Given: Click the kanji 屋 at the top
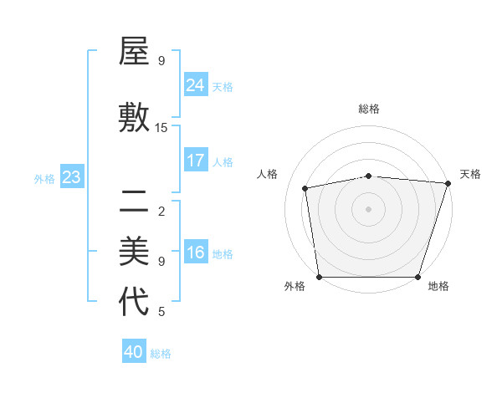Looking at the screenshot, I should [x=134, y=54].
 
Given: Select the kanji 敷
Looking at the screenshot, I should [x=134, y=118].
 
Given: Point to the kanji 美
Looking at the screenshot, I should [x=134, y=251].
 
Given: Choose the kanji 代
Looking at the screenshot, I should [x=134, y=302].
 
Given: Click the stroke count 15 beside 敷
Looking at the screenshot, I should [x=161, y=127].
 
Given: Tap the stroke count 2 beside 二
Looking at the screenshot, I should [x=161, y=211].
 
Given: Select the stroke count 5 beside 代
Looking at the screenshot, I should [x=161, y=312].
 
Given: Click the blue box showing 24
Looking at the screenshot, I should [x=196, y=85].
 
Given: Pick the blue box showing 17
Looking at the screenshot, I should [x=196, y=161].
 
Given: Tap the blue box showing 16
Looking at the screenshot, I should [x=196, y=253].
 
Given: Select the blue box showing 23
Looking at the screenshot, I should [x=72, y=177].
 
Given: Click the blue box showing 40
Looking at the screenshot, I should [x=134, y=352].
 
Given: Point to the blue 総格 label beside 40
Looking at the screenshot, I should [x=161, y=354].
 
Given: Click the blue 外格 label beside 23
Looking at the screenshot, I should [x=44, y=178].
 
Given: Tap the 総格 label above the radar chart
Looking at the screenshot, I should [x=369, y=109].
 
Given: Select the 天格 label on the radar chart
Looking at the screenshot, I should [x=470, y=174].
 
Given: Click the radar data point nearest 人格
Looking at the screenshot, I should [x=305, y=188].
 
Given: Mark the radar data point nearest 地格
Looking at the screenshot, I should [x=418, y=277].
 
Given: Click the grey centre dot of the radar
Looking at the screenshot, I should [x=369, y=208].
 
